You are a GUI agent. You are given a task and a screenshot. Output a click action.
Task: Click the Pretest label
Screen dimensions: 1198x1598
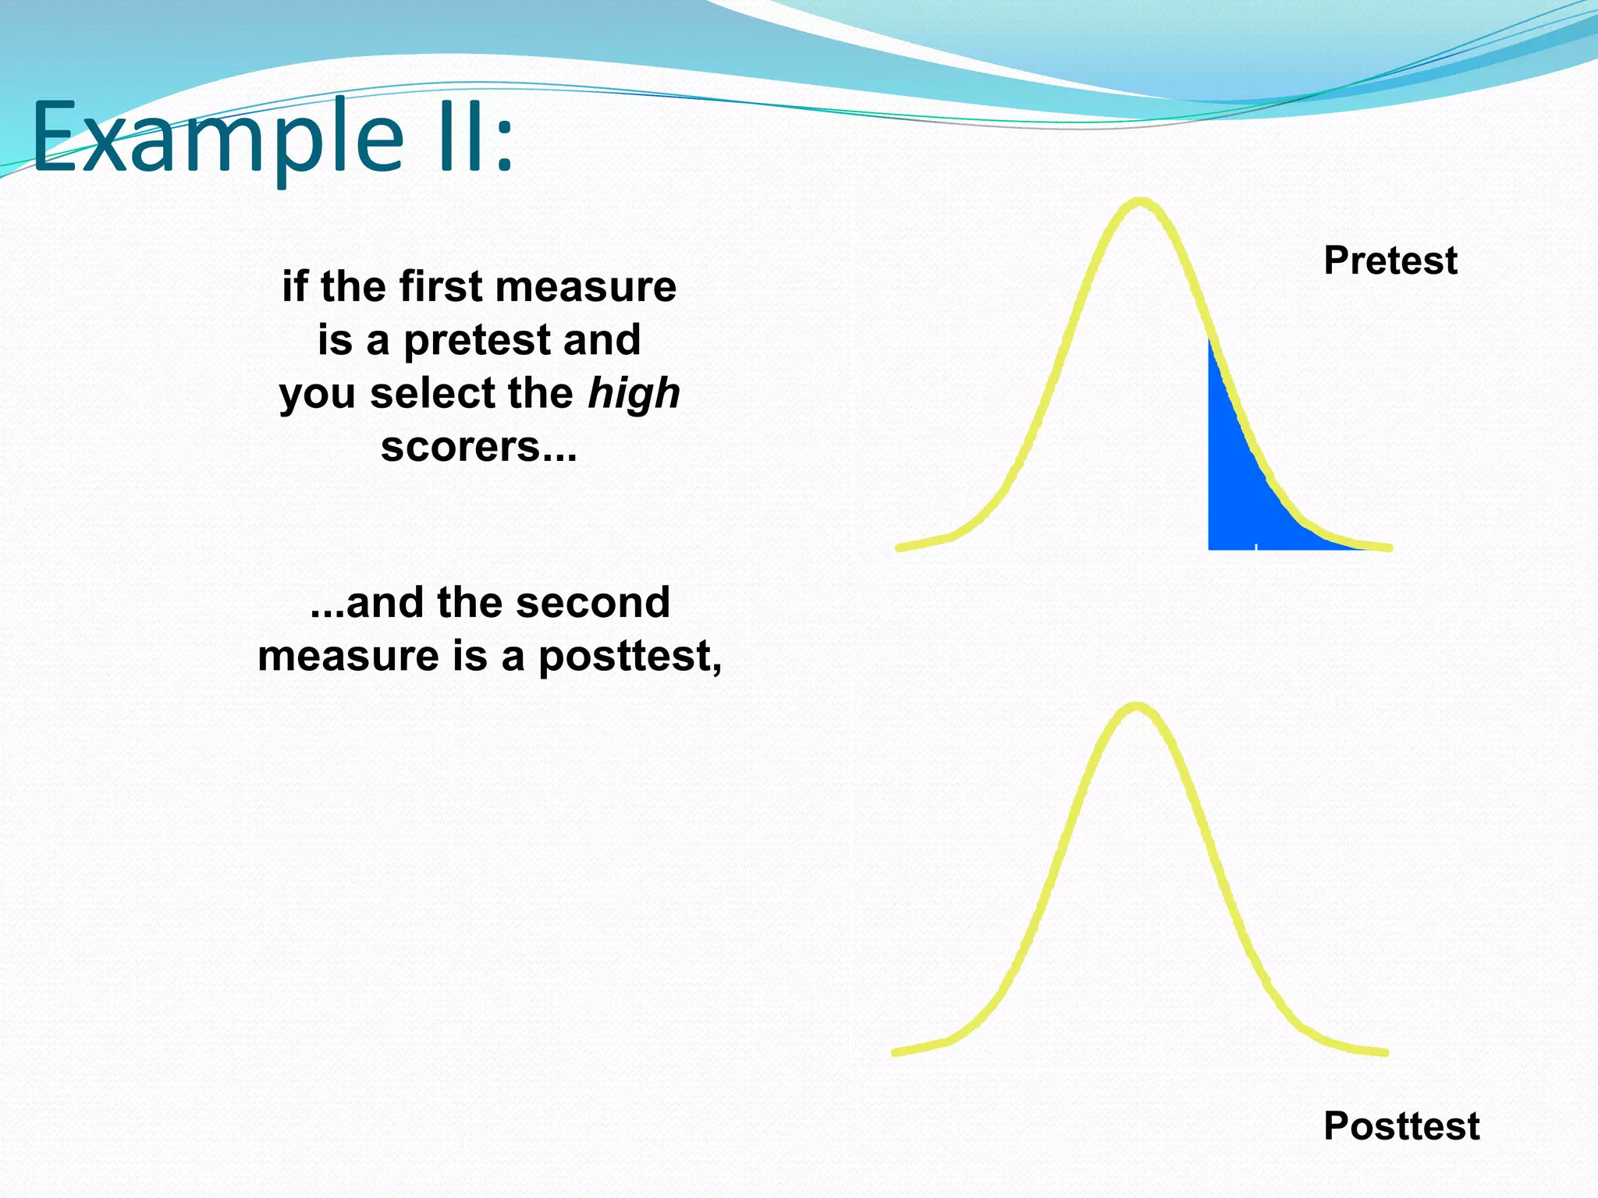pyautogui.click(x=1390, y=261)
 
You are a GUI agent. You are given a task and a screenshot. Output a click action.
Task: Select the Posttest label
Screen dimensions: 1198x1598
pyautogui.click(x=1401, y=1125)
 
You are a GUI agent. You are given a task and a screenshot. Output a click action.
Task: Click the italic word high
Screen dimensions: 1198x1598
pyautogui.click(x=634, y=393)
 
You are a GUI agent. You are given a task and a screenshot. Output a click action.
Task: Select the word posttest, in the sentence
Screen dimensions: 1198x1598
pyautogui.click(x=629, y=656)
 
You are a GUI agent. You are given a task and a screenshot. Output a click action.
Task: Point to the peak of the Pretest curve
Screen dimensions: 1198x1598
pyautogui.click(x=1140, y=202)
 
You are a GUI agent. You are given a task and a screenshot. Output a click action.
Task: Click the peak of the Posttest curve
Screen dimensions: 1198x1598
pyautogui.click(x=1136, y=707)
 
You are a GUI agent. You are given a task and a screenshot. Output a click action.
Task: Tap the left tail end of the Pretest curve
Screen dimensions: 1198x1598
pyautogui.click(x=900, y=548)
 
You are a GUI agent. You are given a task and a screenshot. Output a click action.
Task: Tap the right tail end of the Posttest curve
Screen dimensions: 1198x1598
pyautogui.click(x=1385, y=1052)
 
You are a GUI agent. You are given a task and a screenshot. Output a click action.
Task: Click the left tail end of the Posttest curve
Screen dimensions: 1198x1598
pyautogui.click(x=896, y=1052)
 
